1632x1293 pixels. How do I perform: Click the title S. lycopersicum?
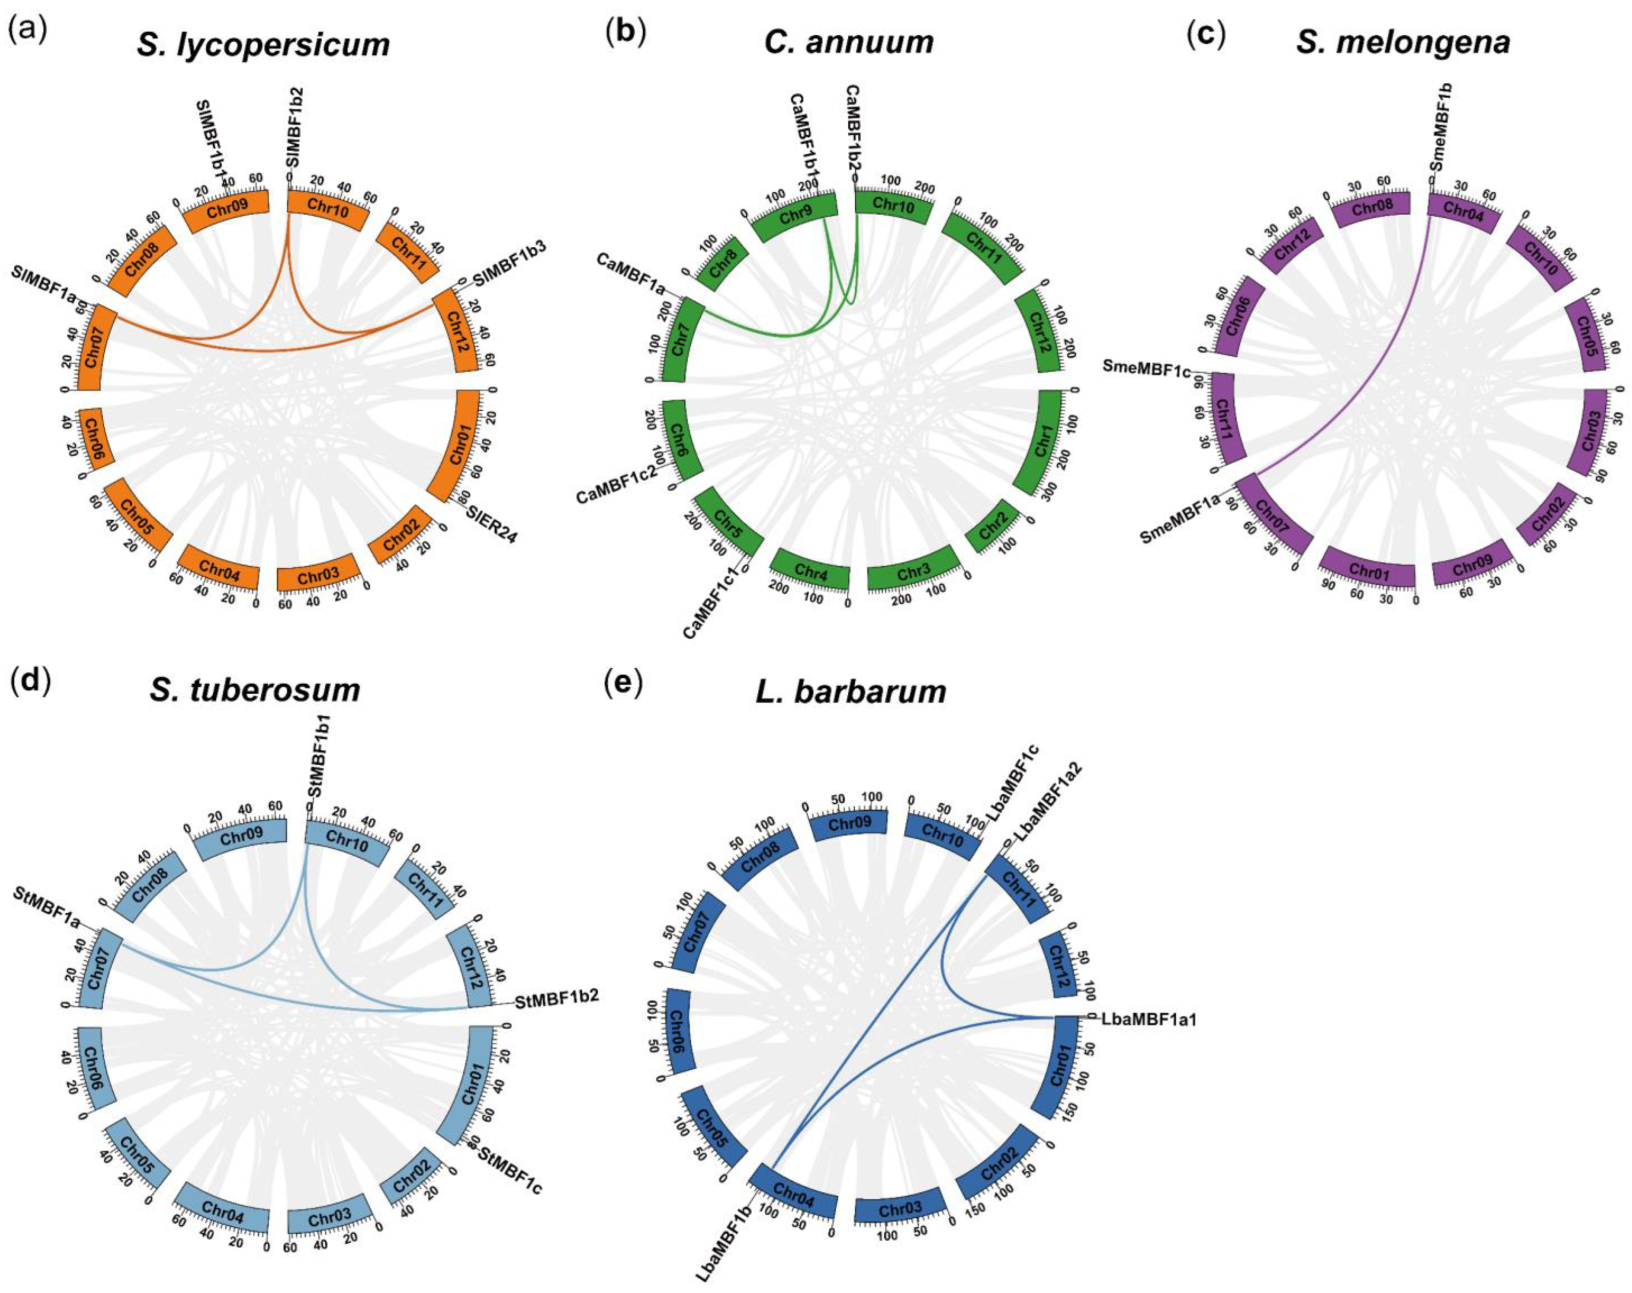point(263,45)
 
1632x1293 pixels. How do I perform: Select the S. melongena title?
point(1403,42)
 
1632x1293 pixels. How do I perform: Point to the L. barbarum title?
point(851,690)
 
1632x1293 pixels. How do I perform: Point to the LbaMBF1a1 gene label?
point(1149,1019)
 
